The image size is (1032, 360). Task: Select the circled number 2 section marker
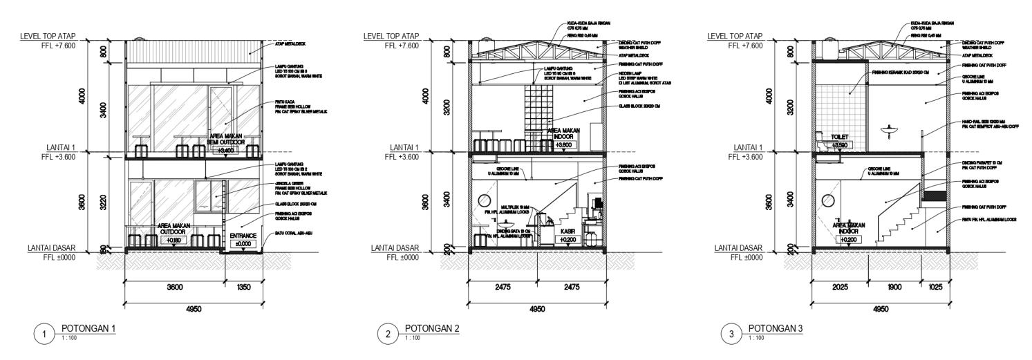coord(389,335)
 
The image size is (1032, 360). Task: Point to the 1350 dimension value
coord(243,287)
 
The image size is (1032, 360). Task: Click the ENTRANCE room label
coord(243,236)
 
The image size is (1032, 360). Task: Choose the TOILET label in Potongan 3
coord(838,138)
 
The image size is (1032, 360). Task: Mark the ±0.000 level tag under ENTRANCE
coord(243,244)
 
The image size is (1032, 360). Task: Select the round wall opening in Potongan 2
coord(482,201)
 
